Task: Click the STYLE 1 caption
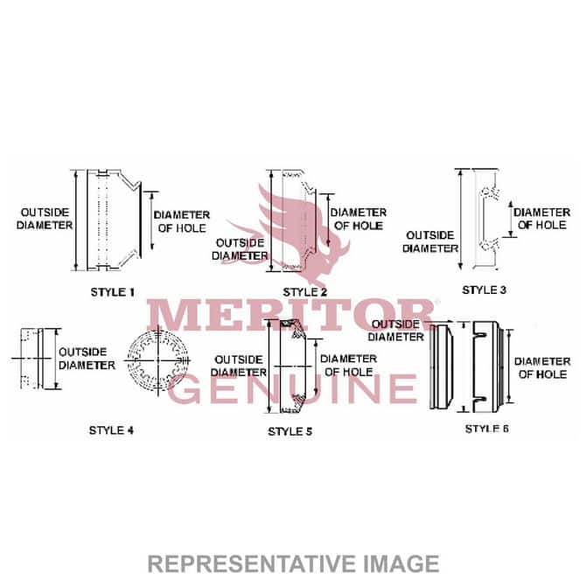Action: point(112,292)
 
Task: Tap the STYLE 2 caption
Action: point(304,292)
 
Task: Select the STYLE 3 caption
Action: point(484,290)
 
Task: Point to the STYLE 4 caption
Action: point(111,430)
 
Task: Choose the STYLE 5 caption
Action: point(290,431)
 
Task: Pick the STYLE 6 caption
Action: point(486,429)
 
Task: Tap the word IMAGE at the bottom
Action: point(402,563)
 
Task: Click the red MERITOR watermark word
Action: point(291,315)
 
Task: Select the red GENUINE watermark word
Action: point(292,388)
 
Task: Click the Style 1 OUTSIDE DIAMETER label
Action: point(45,219)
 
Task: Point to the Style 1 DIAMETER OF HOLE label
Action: point(182,221)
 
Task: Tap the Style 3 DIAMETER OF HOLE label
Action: point(542,219)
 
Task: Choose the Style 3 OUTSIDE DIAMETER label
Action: point(430,241)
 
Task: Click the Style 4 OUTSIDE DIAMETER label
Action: point(87,359)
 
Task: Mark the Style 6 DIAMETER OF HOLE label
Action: point(542,368)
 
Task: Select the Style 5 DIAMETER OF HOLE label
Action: point(348,366)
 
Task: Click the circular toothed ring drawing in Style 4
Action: point(157,360)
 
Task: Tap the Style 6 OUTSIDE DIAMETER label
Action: point(395,331)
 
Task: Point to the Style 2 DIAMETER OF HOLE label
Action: point(359,220)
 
